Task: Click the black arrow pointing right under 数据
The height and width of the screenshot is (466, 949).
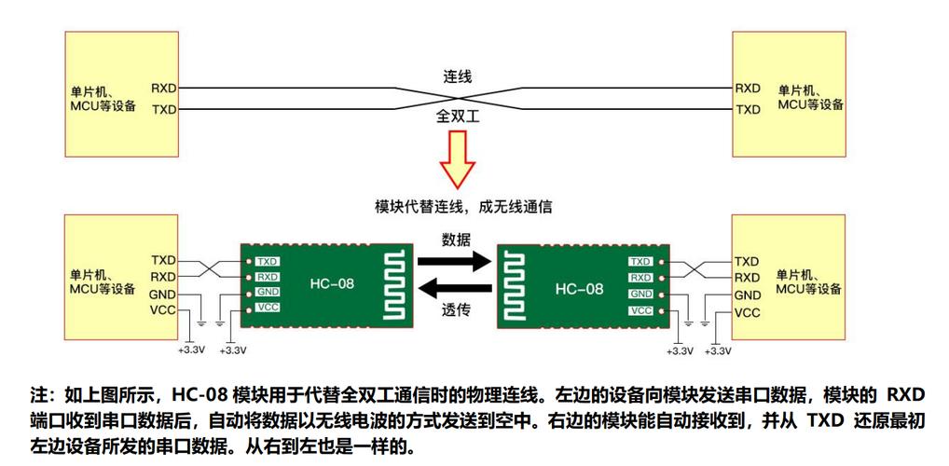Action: tap(455, 261)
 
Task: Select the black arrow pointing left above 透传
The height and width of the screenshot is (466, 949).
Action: tap(455, 288)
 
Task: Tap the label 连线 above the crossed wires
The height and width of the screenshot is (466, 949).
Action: tap(455, 76)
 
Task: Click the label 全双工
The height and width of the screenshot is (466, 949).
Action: tap(455, 119)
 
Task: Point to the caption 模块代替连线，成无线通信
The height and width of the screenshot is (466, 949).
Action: tap(457, 205)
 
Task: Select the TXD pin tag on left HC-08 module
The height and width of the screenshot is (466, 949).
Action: tap(268, 262)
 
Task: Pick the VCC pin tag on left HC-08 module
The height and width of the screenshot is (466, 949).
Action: tap(268, 308)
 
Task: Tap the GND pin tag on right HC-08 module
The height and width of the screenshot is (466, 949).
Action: tap(640, 294)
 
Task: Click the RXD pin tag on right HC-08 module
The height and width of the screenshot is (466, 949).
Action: tap(640, 278)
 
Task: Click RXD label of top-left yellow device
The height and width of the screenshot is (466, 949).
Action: tap(163, 89)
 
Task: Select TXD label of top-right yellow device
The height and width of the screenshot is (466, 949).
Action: tap(748, 109)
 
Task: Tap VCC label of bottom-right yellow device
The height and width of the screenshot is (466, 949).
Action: tap(748, 312)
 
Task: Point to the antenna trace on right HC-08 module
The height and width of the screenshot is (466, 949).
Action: tap(517, 286)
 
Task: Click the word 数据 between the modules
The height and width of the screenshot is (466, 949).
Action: tap(455, 239)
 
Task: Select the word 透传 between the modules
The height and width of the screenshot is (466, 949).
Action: tap(455, 311)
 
